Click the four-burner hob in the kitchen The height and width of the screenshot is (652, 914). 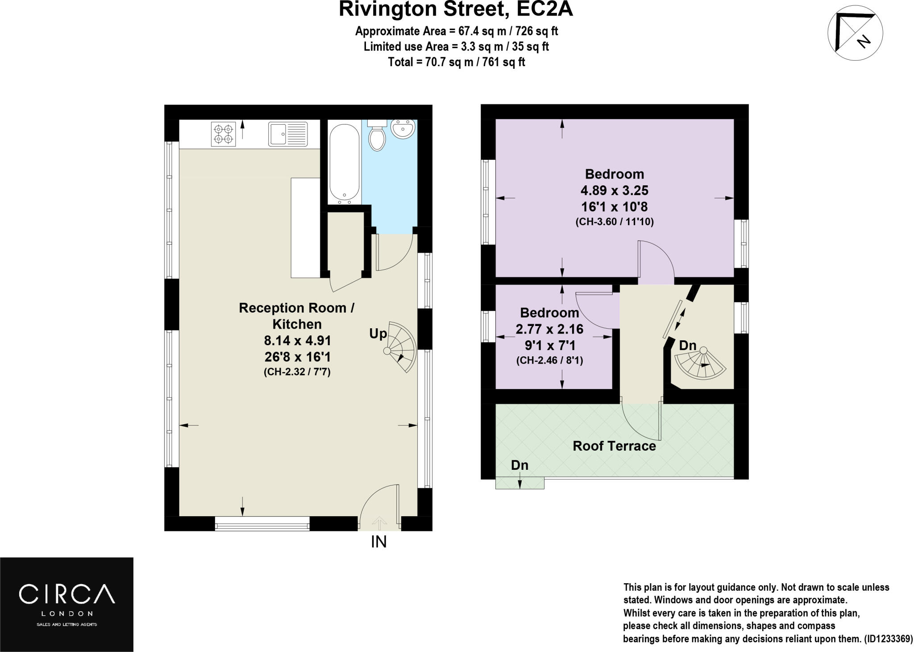(x=223, y=134)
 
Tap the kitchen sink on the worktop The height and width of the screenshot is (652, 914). (x=287, y=134)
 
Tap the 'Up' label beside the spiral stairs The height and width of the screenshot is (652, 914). (x=378, y=334)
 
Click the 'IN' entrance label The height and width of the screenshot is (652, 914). (x=378, y=542)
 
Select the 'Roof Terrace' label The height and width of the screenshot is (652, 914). (x=614, y=446)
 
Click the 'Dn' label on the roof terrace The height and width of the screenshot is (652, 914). (x=519, y=465)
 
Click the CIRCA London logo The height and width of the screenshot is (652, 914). (x=66, y=604)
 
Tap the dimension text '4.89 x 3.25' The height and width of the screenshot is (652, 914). (x=614, y=191)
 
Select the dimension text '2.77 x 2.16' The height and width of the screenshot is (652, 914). (x=549, y=330)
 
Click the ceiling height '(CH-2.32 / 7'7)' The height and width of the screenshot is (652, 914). (x=297, y=372)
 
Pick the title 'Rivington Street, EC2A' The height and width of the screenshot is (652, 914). (x=456, y=10)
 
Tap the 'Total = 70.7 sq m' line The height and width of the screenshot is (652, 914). (x=456, y=62)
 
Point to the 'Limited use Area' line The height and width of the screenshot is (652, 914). (x=456, y=46)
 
